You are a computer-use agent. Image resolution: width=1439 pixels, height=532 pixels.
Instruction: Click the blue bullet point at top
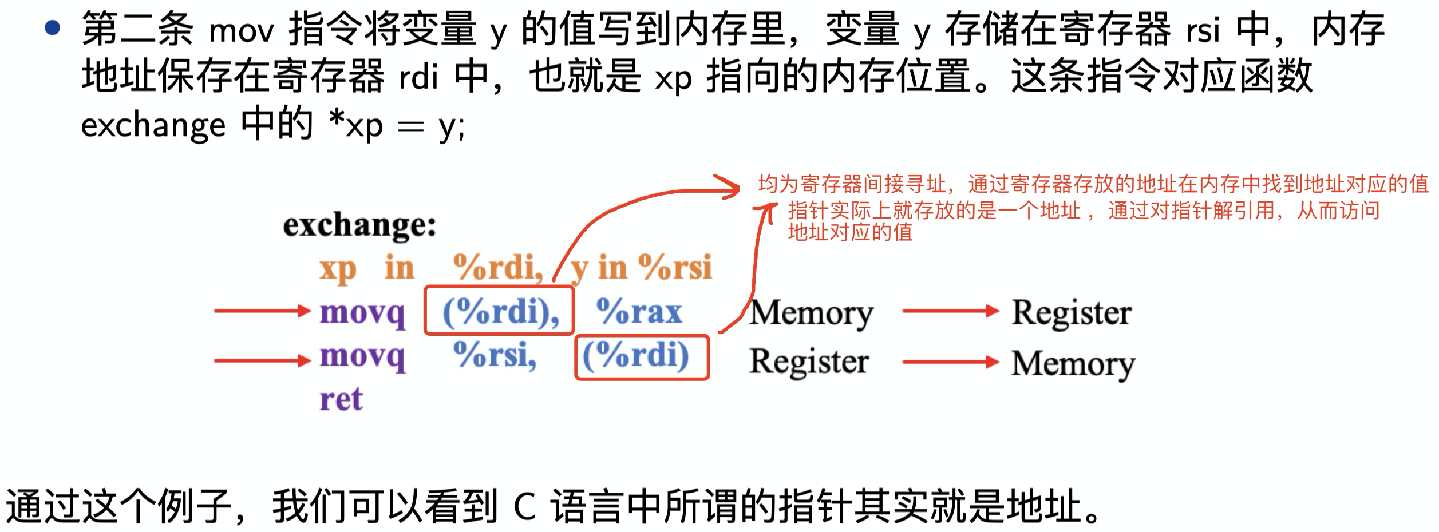pyautogui.click(x=53, y=27)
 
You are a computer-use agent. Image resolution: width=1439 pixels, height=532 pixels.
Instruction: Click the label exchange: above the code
pyautogui.click(x=359, y=225)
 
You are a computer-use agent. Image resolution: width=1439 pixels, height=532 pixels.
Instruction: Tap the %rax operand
pyautogui.click(x=639, y=312)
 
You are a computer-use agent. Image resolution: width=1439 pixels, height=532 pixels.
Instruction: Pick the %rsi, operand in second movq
pyautogui.click(x=495, y=355)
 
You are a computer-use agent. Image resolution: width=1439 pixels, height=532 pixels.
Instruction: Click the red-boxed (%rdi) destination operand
pyautogui.click(x=642, y=357)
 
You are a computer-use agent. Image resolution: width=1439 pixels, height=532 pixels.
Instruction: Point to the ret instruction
pyautogui.click(x=341, y=399)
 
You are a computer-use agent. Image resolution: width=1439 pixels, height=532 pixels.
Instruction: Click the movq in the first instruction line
pyautogui.click(x=362, y=313)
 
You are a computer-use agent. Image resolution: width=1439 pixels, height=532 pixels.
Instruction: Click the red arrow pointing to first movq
pyautogui.click(x=262, y=311)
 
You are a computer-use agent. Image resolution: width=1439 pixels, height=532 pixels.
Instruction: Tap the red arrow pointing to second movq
pyautogui.click(x=262, y=360)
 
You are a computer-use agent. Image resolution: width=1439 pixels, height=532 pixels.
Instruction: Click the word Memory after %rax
pyautogui.click(x=812, y=313)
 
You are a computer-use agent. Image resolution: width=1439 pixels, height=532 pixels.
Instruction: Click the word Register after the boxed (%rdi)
pyautogui.click(x=809, y=362)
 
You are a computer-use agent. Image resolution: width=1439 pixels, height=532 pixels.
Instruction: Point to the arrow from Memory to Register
pyautogui.click(x=950, y=311)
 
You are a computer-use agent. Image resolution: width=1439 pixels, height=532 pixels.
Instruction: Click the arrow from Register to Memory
pyautogui.click(x=950, y=362)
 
